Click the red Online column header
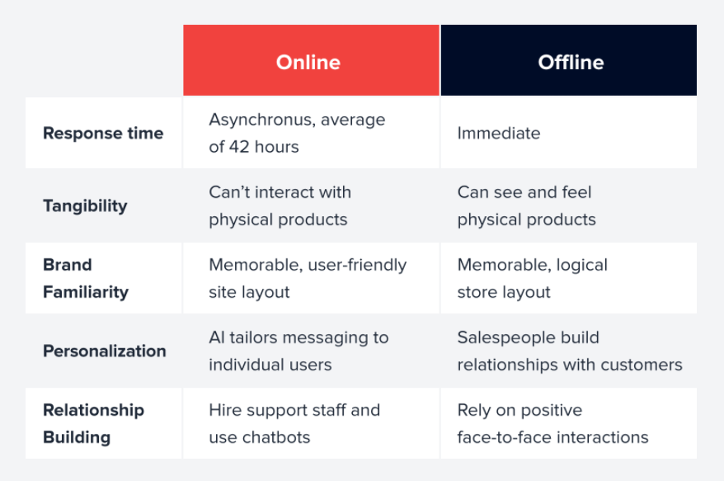pyautogui.click(x=311, y=60)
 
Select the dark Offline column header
pyautogui.click(x=569, y=60)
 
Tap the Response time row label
pyautogui.click(x=103, y=133)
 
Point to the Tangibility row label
pyautogui.click(x=85, y=206)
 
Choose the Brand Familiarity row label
pyautogui.click(x=86, y=278)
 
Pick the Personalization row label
pyautogui.click(x=105, y=351)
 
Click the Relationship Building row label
pyautogui.click(x=93, y=424)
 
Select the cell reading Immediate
pyautogui.click(x=499, y=133)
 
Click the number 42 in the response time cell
pyautogui.click(x=239, y=147)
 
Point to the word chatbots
pyautogui.click(x=276, y=437)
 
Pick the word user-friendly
pyautogui.click(x=357, y=265)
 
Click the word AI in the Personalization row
pyautogui.click(x=216, y=337)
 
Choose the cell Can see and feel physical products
pyautogui.click(x=526, y=206)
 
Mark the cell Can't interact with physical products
pyautogui.click(x=280, y=206)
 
